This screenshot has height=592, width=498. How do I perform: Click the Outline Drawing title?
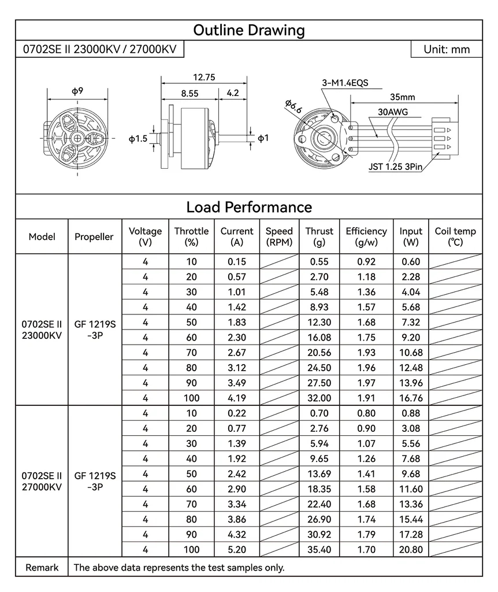click(x=249, y=30)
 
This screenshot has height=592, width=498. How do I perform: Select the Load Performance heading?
click(x=249, y=207)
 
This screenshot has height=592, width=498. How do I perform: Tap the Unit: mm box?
click(x=446, y=50)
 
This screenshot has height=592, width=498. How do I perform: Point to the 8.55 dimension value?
click(x=189, y=92)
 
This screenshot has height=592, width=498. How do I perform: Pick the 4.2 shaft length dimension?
click(x=233, y=92)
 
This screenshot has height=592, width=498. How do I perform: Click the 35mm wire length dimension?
click(x=402, y=97)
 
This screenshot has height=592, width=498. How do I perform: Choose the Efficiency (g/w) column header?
click(x=366, y=236)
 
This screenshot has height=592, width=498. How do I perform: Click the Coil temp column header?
click(x=455, y=236)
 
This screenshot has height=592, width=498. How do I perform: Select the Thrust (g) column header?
click(x=319, y=236)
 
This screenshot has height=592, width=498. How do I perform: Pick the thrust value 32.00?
click(x=319, y=398)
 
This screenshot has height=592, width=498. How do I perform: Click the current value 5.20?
click(x=237, y=549)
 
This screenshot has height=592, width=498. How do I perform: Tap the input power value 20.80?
click(x=411, y=549)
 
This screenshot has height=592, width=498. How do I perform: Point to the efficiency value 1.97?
click(x=366, y=383)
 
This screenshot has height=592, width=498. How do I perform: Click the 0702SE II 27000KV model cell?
click(x=42, y=481)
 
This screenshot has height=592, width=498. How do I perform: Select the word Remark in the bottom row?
click(x=42, y=568)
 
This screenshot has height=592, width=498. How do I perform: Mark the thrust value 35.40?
click(x=319, y=549)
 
